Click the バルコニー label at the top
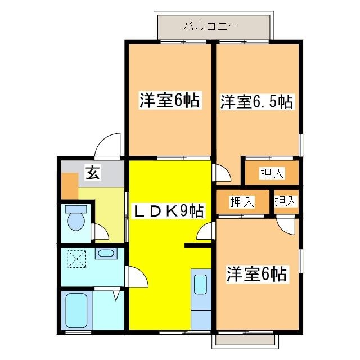(211, 26)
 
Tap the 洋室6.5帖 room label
(256, 102)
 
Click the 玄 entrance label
(92, 173)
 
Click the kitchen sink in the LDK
(200, 285)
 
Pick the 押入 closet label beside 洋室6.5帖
(272, 173)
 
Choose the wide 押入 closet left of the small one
(242, 201)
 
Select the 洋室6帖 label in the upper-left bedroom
(169, 101)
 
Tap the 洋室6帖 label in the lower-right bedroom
(256, 274)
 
